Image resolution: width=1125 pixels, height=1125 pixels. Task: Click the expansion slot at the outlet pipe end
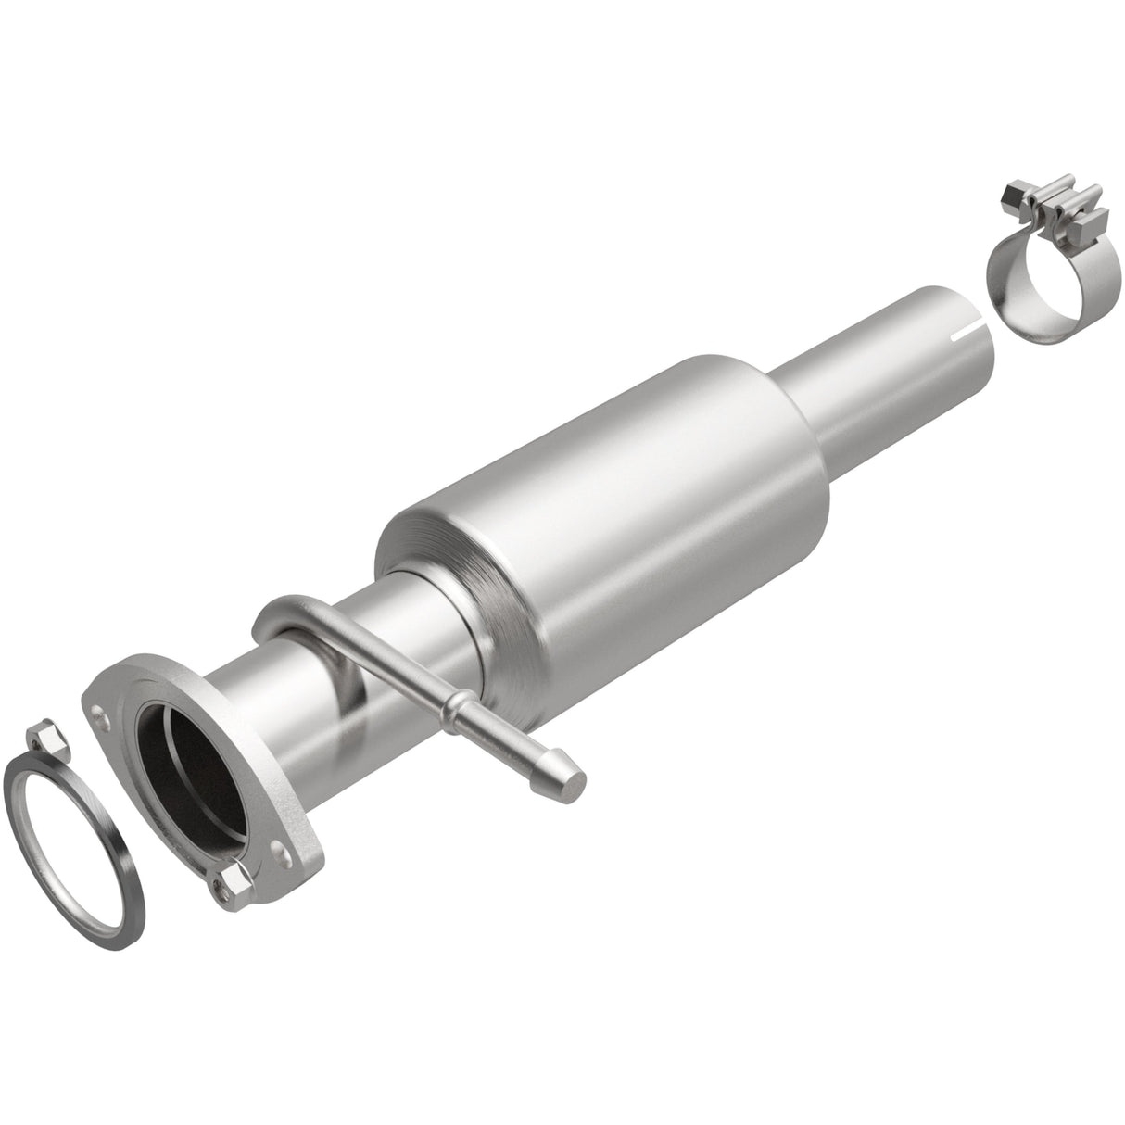972,326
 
